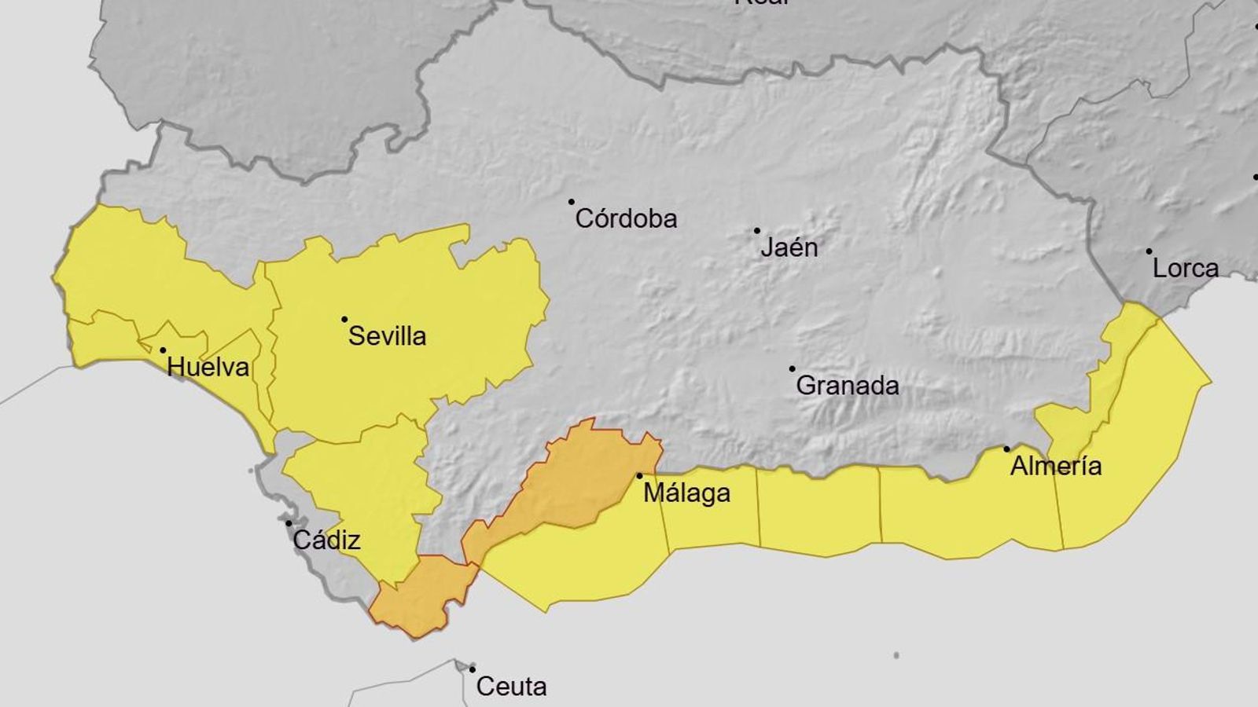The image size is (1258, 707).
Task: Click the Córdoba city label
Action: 626,218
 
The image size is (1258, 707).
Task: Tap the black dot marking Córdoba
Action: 572,202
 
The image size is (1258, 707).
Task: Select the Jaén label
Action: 789,247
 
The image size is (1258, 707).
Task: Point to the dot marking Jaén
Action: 757,231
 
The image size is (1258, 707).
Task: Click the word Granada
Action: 848,386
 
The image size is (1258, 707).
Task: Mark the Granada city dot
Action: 792,368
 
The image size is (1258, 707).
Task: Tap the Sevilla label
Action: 387,336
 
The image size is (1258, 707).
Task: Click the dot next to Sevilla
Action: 344,319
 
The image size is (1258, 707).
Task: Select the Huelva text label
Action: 208,367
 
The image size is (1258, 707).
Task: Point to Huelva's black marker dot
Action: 163,350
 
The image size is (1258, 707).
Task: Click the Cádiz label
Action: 326,540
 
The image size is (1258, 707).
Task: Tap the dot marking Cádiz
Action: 289,523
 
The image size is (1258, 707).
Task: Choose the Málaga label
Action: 686,493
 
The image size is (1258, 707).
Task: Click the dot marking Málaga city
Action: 639,476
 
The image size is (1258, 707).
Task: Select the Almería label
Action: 1055,467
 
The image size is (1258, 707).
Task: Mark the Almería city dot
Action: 1006,449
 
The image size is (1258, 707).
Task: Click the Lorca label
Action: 1185,269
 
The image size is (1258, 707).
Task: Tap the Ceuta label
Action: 511,687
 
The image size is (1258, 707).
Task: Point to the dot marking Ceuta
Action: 473,669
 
